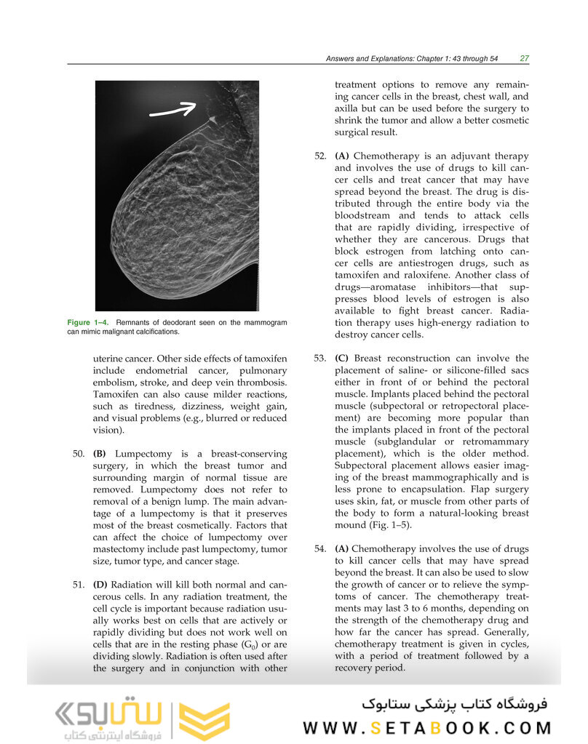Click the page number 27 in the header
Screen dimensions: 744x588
coord(524,58)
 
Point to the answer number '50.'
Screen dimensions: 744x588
coord(79,454)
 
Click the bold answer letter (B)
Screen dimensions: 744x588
coord(101,454)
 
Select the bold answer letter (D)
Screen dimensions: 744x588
coord(102,585)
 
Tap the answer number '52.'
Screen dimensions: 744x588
coord(321,156)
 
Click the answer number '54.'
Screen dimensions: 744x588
coord(321,549)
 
